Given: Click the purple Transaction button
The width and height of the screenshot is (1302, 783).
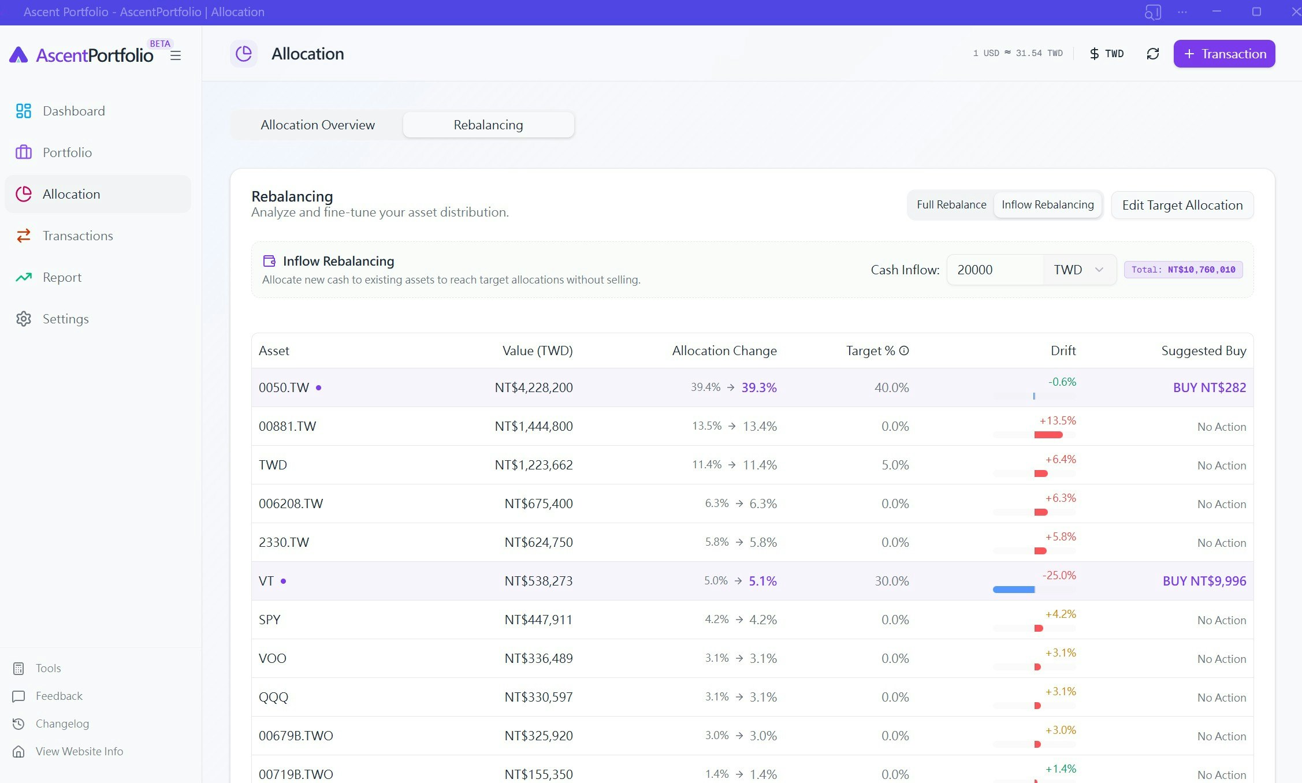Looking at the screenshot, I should (x=1224, y=54).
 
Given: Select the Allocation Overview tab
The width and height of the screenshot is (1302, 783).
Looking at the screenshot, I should (x=317, y=125).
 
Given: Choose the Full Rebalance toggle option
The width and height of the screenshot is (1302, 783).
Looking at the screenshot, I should (x=951, y=205).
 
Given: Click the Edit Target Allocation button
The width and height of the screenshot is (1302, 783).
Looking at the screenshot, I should (x=1182, y=205).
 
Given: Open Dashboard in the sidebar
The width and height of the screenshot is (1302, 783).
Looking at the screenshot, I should (x=73, y=111).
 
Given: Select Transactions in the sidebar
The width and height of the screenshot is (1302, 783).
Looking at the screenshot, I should (x=77, y=236).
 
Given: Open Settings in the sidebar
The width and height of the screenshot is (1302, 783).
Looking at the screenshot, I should (x=65, y=319).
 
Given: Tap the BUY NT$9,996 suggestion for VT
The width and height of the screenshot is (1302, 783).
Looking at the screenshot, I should (x=1204, y=581).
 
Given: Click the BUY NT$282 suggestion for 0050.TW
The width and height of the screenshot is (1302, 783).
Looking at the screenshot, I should (x=1209, y=387).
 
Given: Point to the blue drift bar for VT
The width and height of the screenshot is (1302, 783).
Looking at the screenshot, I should (x=1014, y=590).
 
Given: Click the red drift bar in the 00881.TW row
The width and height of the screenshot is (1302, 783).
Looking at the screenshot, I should (x=1048, y=435).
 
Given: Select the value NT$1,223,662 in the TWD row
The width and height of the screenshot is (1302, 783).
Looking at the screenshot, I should (x=533, y=465).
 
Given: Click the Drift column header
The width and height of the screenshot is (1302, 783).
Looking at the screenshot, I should (x=1062, y=351).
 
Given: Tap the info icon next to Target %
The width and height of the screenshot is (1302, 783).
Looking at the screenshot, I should (x=904, y=351).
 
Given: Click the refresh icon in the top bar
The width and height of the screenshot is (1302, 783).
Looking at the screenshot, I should (x=1152, y=54).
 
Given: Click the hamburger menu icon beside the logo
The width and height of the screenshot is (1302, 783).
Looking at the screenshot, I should (x=176, y=55).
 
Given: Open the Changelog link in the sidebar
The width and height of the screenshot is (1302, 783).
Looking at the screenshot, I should (x=62, y=724).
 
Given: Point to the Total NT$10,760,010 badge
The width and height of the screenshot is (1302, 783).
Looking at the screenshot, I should (x=1183, y=270).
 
